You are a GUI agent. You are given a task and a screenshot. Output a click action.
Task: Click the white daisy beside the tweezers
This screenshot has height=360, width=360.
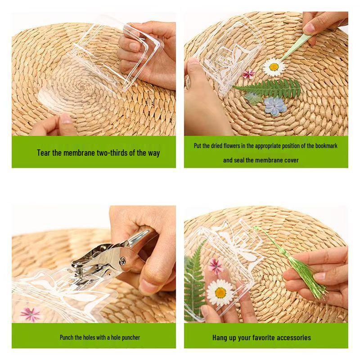(274, 67)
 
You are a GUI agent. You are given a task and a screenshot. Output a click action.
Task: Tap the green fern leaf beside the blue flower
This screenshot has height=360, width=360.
(267, 88)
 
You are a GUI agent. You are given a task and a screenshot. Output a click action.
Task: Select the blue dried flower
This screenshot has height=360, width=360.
(275, 106)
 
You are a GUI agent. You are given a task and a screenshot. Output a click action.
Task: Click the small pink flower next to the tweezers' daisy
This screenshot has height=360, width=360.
(249, 74)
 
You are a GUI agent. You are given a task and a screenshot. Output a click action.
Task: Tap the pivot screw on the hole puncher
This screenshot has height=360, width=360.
(123, 261)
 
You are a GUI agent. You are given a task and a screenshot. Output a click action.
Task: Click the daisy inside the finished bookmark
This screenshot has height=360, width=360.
(220, 292)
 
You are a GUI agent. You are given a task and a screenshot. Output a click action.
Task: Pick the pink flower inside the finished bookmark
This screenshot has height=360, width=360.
(216, 265)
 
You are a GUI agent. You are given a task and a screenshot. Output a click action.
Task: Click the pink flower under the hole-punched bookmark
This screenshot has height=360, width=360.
(30, 314)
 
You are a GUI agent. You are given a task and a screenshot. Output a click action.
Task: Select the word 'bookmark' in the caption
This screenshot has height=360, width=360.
(326, 146)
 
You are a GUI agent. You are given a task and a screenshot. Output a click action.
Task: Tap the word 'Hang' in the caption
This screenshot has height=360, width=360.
(219, 338)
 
